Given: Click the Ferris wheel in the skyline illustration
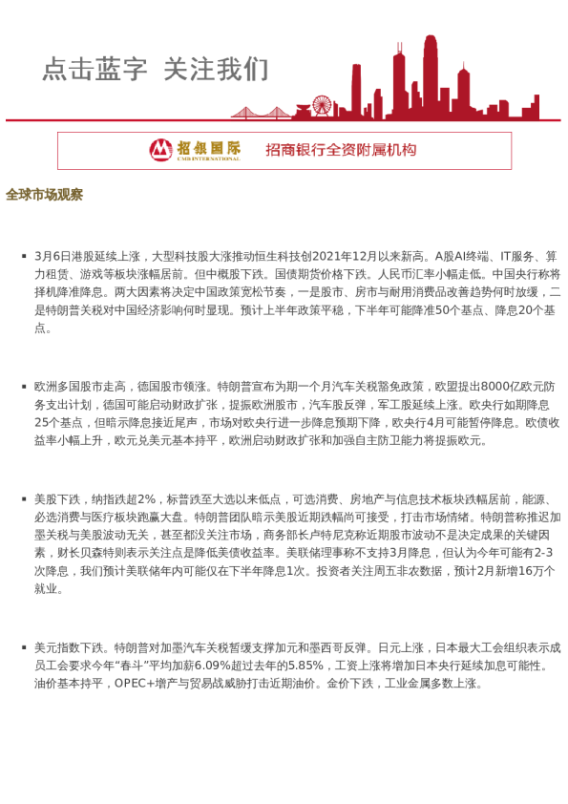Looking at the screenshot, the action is click(323, 106).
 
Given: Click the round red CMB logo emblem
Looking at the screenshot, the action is click(160, 150).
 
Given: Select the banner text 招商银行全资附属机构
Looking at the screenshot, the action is click(341, 150).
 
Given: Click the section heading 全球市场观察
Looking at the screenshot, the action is click(44, 195).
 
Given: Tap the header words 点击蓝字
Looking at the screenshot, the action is click(95, 70).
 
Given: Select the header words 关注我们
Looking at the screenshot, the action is click(216, 70).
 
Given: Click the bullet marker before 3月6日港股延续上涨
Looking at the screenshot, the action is click(23, 257).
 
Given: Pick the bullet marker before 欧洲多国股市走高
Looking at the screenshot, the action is click(23, 387).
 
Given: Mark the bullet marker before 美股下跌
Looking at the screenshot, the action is click(23, 499).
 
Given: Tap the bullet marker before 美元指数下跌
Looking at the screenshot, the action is click(23, 647).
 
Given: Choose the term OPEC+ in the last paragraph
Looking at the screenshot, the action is click(137, 684).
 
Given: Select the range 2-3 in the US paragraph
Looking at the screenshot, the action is click(545, 553).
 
